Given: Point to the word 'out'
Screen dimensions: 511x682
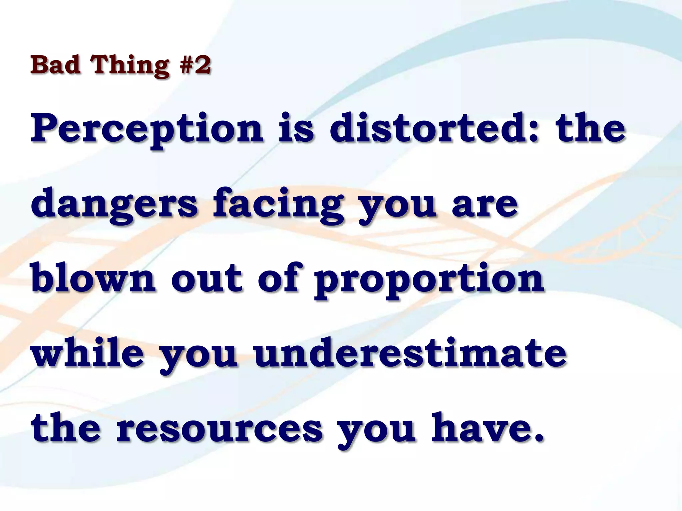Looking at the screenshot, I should pyautogui.click(x=206, y=279).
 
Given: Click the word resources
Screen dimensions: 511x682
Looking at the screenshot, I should pyautogui.click(x=219, y=429).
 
